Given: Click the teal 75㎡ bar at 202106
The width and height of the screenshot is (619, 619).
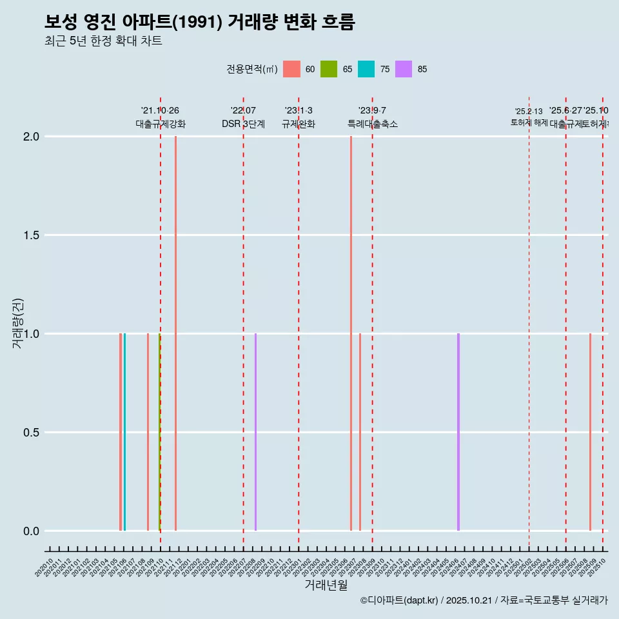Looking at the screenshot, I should (x=124, y=432).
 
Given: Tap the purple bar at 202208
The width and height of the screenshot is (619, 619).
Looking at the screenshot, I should (x=255, y=432).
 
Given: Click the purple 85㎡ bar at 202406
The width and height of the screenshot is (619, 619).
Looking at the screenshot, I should (x=458, y=432).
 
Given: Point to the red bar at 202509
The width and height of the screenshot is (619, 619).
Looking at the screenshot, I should (x=590, y=432).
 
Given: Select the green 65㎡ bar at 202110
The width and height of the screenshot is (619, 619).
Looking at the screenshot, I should (x=159, y=432).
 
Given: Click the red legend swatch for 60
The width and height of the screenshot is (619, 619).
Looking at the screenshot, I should (x=291, y=69).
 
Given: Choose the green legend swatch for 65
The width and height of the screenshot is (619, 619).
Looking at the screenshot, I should (x=329, y=69).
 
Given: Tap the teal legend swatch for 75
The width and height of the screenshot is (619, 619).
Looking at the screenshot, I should (x=366, y=69).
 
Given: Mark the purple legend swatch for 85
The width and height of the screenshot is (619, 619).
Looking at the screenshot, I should (x=404, y=69).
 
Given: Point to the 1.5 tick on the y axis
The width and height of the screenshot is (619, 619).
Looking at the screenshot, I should (x=32, y=235).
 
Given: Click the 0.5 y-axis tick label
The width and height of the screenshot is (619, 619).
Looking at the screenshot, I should (x=32, y=433).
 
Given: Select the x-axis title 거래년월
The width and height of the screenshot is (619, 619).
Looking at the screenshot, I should (x=326, y=585).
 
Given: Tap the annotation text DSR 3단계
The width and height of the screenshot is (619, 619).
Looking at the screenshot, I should (x=243, y=124).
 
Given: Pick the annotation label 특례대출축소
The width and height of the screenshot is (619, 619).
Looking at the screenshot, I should (x=372, y=124).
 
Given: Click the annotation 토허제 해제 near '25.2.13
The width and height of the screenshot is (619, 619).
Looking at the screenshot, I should (x=529, y=122).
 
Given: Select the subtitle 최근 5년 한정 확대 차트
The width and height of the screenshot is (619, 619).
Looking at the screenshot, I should (x=103, y=41).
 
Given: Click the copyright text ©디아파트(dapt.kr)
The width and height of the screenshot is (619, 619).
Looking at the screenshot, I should (x=399, y=600).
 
